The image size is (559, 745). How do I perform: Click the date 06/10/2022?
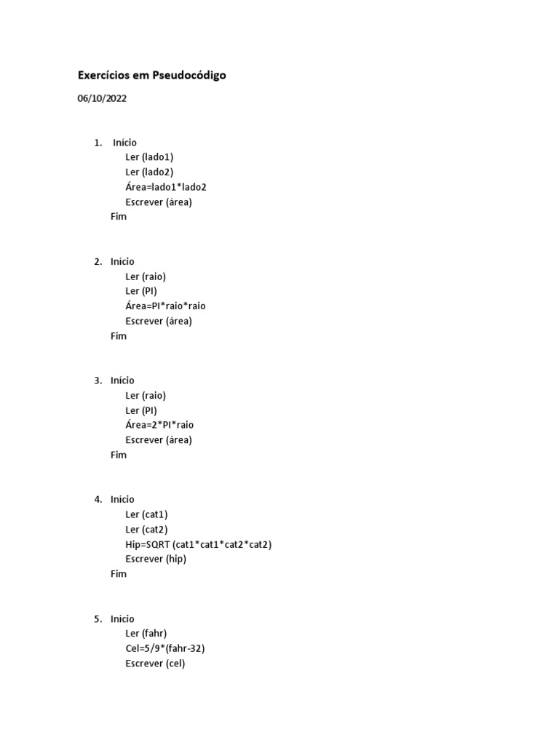[x=102, y=99]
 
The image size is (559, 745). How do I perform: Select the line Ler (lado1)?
[x=149, y=157]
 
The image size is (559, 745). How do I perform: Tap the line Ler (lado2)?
[x=149, y=172]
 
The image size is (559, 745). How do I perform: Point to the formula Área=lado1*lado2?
[x=166, y=187]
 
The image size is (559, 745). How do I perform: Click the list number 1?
[x=98, y=143]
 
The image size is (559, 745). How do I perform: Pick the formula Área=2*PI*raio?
[x=159, y=425]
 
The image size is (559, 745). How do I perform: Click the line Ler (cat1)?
[x=146, y=514]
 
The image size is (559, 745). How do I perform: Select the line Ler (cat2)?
[x=146, y=529]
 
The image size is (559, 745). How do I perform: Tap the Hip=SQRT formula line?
[x=198, y=544]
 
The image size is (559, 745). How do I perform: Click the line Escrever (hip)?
[x=156, y=559]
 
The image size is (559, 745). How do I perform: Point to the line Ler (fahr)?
[x=146, y=634]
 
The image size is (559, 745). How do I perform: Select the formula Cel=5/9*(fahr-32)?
[x=170, y=648]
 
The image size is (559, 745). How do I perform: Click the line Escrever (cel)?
[x=155, y=664]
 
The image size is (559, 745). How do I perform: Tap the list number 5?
[x=98, y=619]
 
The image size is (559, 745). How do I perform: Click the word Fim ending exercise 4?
[x=119, y=574]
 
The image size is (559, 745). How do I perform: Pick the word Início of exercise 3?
[x=122, y=381]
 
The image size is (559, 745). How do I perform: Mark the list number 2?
[x=98, y=261]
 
